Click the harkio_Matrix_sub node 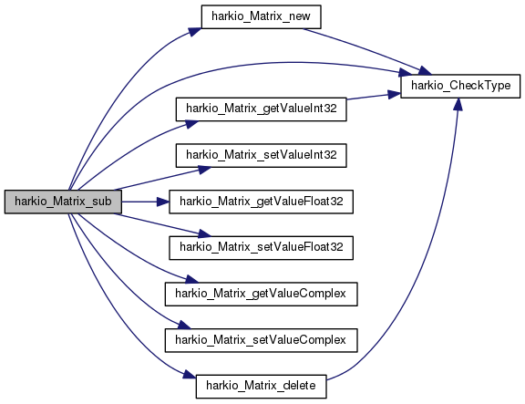(63, 202)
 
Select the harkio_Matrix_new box (262, 16)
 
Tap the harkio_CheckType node (460, 86)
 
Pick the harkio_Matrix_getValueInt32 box (262, 109)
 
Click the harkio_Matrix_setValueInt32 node (262, 155)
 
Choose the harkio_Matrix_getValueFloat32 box (262, 202)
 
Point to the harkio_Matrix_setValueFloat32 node (262, 247)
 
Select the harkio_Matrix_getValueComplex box (262, 294)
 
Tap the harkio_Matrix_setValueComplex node (262, 340)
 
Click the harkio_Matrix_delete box (262, 387)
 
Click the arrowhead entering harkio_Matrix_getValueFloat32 (163, 202)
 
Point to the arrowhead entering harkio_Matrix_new (195, 31)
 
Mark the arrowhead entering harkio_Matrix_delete (190, 374)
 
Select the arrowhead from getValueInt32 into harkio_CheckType (395, 94)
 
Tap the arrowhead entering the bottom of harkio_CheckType (458, 104)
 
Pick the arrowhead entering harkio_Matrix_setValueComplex (184, 325)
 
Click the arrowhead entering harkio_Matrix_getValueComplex (192, 279)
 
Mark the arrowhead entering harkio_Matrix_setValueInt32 (204, 170)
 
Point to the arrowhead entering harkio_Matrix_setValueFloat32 (204, 233)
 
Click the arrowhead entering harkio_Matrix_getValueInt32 (191, 124)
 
